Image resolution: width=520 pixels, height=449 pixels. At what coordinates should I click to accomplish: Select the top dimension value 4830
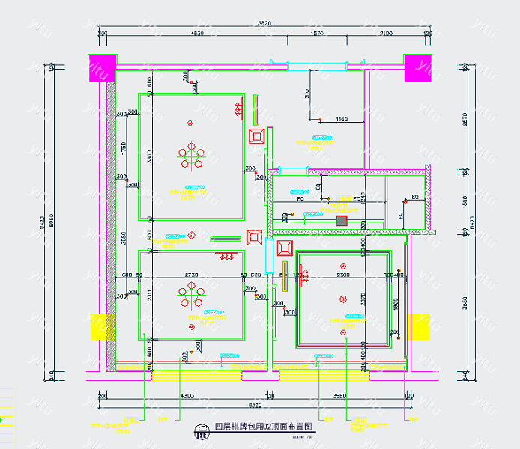tap(197, 34)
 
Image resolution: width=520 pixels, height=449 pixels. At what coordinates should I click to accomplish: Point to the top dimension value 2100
tap(386, 34)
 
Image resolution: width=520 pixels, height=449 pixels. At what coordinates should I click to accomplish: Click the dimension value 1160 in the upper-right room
tap(342, 119)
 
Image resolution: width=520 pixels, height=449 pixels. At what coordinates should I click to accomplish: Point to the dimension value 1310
tap(307, 94)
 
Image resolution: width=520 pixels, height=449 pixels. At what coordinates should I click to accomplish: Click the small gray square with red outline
tap(342, 221)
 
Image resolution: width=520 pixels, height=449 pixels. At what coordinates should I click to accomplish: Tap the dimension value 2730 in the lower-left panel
tap(191, 275)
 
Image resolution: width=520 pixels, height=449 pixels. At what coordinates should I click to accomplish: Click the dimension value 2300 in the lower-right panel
tap(342, 275)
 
